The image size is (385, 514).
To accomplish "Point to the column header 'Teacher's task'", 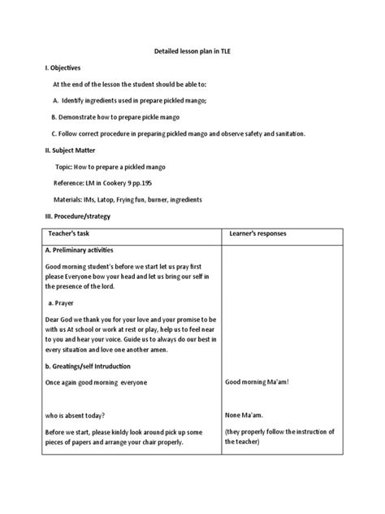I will [x=81, y=233].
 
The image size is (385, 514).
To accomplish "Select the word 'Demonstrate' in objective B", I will [x=86, y=117].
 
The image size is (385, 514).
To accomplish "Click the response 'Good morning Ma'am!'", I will [x=257, y=382].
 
